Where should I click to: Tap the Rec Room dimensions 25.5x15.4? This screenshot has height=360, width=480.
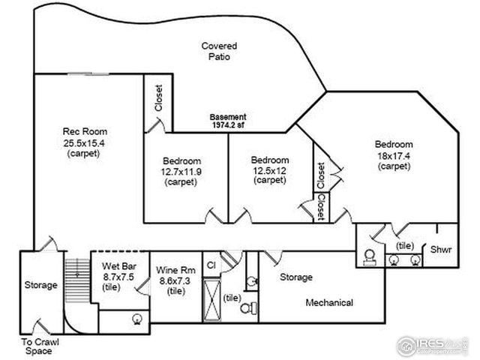[x=82, y=142]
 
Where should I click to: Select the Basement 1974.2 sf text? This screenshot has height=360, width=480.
[x=227, y=121]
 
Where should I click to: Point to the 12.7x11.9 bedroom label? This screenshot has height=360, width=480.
[x=182, y=171]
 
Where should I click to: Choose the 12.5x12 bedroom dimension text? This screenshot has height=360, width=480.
[x=270, y=169]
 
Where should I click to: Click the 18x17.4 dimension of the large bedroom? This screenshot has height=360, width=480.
[x=394, y=154]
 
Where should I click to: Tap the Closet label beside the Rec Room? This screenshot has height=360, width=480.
[x=158, y=97]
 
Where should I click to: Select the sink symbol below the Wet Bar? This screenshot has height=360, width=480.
[x=137, y=318]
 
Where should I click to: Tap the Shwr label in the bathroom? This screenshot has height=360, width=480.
[x=439, y=250]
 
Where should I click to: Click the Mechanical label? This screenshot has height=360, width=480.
[x=329, y=302]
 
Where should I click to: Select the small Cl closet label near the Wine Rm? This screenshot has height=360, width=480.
[x=211, y=265]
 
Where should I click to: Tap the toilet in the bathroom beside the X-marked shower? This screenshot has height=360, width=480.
[x=253, y=307]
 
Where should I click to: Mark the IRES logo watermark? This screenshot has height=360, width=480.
[x=432, y=344]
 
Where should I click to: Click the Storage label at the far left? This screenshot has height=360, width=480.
[x=40, y=285]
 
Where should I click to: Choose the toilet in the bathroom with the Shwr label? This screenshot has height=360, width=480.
[x=370, y=257]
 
